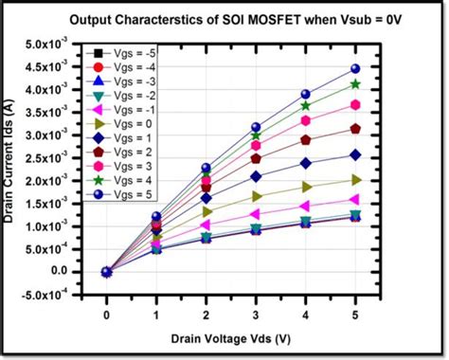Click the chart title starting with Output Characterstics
coord(243,22)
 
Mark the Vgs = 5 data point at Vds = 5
coord(355,69)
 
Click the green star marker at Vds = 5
coord(355,84)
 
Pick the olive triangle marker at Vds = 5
coord(355,179)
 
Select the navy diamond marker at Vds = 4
coord(305,162)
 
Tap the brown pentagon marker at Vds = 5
coord(355,129)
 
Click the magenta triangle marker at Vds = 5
coord(355,199)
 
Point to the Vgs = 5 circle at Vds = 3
coord(256,127)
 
